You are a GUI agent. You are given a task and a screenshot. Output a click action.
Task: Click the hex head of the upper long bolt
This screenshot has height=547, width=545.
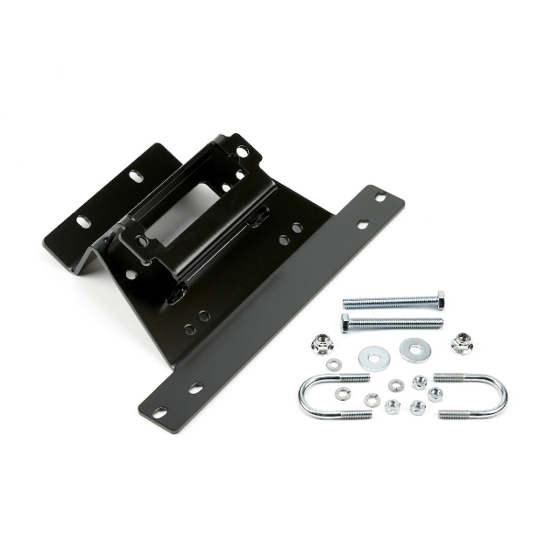click(439, 299)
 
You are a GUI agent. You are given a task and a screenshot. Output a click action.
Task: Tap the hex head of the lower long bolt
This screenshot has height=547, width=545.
click(344, 323)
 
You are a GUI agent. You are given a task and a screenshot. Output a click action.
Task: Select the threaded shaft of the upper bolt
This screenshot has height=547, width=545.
click(386, 303)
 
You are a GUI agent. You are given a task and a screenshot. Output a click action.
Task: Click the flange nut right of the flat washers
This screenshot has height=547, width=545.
click(462, 342)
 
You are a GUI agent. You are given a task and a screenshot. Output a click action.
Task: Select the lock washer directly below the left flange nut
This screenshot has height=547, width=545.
click(334, 364)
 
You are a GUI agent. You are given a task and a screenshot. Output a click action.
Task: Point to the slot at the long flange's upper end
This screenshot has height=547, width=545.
click(380, 197)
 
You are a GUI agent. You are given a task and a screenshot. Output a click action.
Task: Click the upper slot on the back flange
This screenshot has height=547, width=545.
click(137, 176)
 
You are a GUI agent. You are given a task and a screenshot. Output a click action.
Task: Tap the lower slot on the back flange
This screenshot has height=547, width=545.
click(82, 221)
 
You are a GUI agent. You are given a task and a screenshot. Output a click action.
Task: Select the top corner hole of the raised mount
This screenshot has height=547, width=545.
click(241, 152)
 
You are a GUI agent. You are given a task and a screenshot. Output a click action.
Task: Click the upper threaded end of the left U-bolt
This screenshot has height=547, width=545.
click(353, 379)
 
